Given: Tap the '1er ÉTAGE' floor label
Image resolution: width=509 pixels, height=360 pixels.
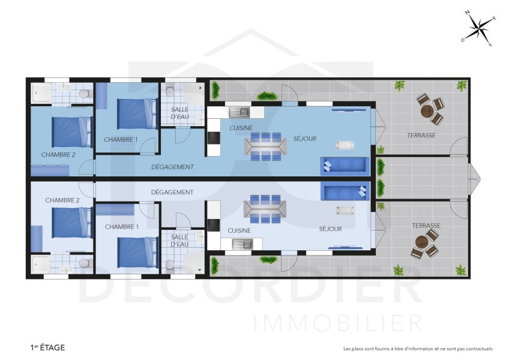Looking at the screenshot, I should (x=47, y=347).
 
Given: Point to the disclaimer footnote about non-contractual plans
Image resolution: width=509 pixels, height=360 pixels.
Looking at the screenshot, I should (x=418, y=349).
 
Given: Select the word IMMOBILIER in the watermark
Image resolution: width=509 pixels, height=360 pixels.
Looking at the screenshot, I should (x=338, y=322).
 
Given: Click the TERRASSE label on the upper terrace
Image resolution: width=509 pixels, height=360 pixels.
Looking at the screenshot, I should (x=421, y=136).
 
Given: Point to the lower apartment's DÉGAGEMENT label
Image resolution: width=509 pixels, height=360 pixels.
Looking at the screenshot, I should (x=172, y=193).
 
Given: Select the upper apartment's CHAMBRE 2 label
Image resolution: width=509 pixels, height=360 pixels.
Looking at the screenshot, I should (x=59, y=155).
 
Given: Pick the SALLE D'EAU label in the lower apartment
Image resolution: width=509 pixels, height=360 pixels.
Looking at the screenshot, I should (x=179, y=241).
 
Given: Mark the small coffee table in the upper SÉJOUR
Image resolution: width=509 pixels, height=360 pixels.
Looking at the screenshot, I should (x=345, y=145).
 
